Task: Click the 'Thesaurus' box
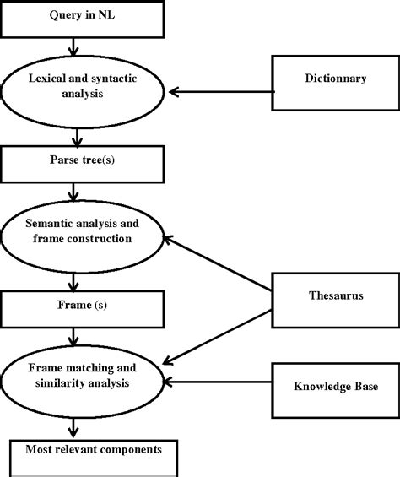pos(335,296)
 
